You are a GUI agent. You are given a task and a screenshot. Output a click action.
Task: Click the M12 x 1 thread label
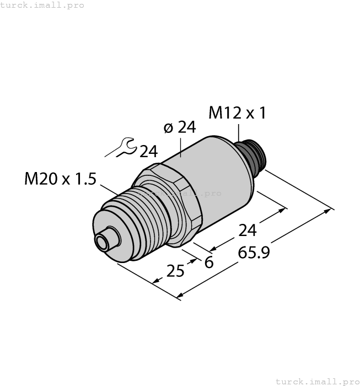237,113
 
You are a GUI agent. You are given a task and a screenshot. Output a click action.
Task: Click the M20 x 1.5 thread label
61,179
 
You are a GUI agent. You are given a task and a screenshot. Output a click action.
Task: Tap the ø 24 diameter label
180,127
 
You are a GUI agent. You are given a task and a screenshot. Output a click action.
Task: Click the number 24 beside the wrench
148,151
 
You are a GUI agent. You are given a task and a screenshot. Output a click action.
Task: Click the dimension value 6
208,262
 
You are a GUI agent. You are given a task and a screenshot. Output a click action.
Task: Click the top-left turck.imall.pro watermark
42,5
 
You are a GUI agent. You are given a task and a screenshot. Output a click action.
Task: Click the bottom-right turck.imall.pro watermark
317,381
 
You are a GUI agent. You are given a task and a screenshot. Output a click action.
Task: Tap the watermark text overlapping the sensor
182,194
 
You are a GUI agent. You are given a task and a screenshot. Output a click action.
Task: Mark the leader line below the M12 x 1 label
239,132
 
